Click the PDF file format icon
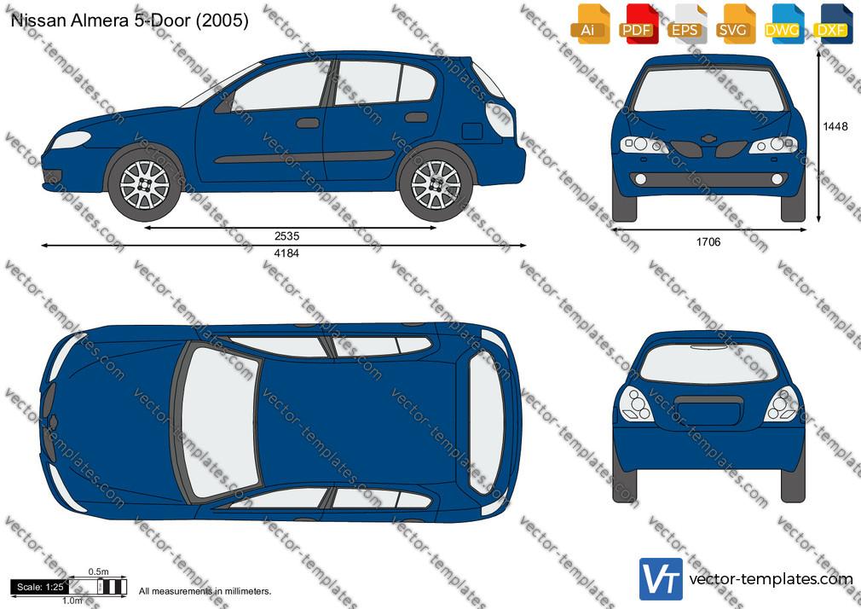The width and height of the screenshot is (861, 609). [x=638, y=24]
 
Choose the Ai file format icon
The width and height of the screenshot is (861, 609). [x=590, y=24]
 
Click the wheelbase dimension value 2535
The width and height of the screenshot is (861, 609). [x=286, y=236]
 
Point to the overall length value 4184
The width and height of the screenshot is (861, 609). [x=286, y=253]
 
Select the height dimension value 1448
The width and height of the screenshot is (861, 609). [x=835, y=126]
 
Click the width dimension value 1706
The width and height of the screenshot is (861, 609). [x=708, y=242]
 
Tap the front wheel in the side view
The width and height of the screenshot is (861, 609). [x=145, y=185]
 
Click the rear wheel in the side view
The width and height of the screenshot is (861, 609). [x=436, y=185]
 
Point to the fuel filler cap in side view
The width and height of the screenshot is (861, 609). [x=472, y=131]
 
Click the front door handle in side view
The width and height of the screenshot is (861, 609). [x=308, y=123]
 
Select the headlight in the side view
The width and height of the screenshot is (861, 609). [x=70, y=140]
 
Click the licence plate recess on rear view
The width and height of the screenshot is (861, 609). [x=709, y=409]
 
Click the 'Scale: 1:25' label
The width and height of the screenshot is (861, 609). [x=40, y=587]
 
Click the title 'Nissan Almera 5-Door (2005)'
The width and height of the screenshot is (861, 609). [x=130, y=20]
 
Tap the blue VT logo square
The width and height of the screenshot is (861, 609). [x=662, y=579]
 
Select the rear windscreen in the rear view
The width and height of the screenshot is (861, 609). [x=709, y=363]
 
